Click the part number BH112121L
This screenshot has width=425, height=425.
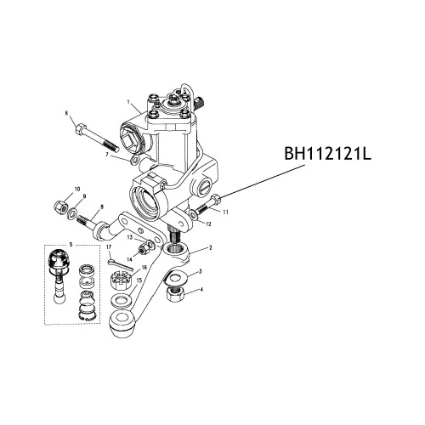click(327, 155)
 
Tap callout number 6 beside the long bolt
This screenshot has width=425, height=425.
click(66, 113)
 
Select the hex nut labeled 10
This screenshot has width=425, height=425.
click(60, 205)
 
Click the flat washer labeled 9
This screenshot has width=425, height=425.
click(72, 212)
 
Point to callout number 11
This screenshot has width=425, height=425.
click(225, 212)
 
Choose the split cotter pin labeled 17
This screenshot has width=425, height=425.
click(120, 264)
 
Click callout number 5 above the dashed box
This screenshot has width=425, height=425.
click(71, 244)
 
